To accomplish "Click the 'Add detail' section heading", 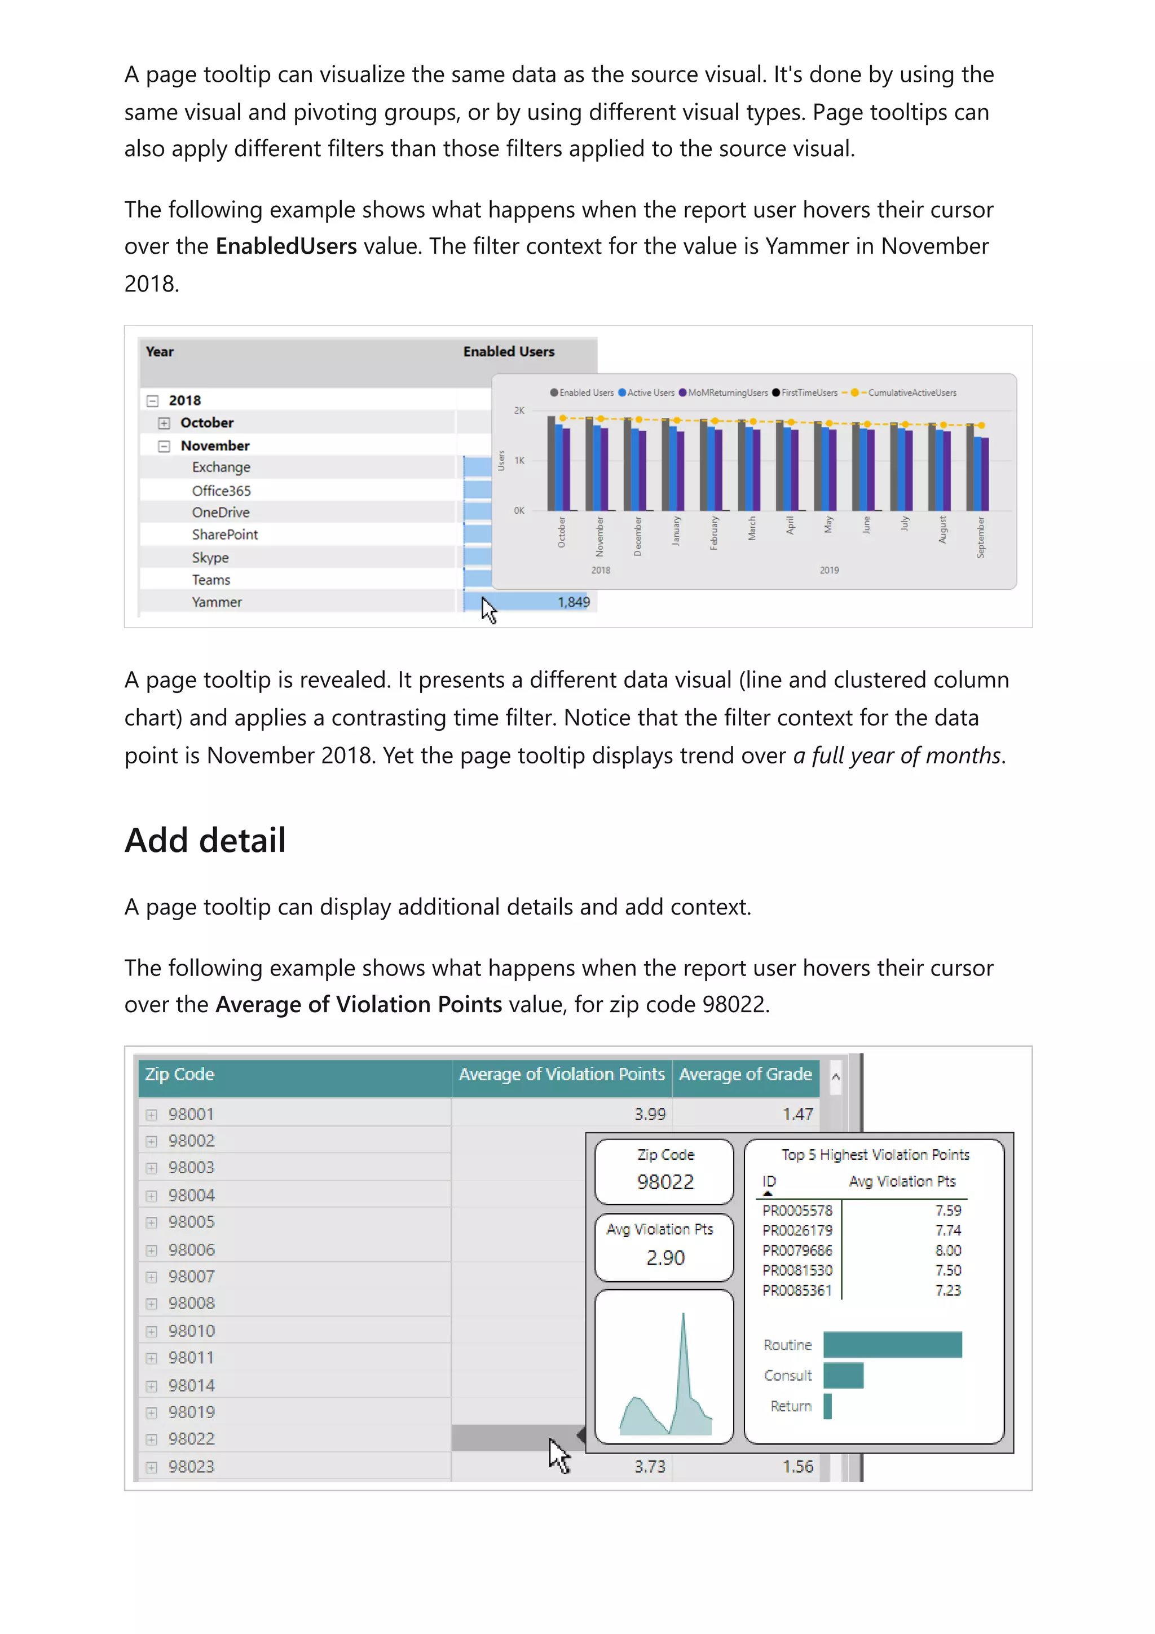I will [205, 841].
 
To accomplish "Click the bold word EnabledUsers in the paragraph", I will [286, 246].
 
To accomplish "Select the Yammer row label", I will [217, 602].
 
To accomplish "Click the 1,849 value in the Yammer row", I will [573, 602].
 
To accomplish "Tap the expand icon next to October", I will [164, 423].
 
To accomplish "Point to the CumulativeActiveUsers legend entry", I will [911, 393].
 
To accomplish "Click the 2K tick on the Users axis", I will [519, 410].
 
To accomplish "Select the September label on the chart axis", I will [980, 537].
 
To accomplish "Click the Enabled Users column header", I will [508, 352].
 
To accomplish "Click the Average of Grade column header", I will [744, 1074].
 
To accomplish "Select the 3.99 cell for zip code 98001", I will [649, 1114].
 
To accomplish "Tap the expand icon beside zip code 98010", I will [152, 1331].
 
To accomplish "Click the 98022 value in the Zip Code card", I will [665, 1182].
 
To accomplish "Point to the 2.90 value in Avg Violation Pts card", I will [665, 1257].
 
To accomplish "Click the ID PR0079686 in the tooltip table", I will [796, 1251].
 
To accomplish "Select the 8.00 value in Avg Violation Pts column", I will [947, 1251].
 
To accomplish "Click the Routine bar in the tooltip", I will [892, 1344].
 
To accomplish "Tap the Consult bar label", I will [787, 1376].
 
